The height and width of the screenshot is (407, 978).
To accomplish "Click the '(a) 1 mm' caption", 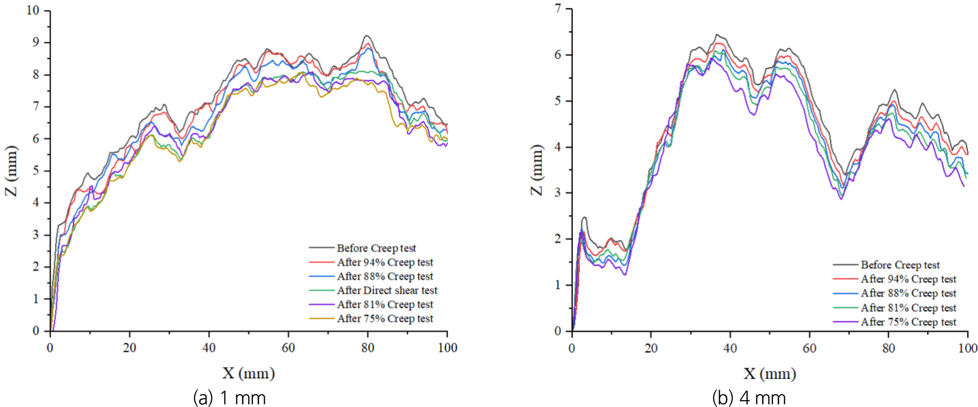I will [229, 397].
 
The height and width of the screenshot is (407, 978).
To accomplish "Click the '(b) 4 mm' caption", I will [749, 397].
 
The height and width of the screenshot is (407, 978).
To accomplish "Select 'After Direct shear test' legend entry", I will [387, 290].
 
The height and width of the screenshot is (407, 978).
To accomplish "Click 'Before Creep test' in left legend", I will [376, 248].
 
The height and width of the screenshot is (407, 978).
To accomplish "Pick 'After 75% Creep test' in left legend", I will [385, 318].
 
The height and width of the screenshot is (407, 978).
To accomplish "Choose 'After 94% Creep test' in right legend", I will [908, 279].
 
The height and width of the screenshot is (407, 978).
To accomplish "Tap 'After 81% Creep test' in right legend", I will [908, 308].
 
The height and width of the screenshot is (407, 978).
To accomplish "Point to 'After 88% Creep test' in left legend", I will [385, 276].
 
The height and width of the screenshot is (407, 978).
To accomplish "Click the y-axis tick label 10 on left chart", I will [33, 10].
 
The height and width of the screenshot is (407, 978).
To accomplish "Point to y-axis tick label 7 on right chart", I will [558, 9].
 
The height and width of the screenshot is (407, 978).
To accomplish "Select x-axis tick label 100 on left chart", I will [447, 348].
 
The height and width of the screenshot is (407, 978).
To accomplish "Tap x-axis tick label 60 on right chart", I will [809, 348].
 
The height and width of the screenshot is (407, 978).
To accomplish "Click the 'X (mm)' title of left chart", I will [249, 373].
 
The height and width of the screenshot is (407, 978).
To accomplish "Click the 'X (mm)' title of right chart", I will [770, 374].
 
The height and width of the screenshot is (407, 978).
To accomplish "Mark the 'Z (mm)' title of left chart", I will [11, 170].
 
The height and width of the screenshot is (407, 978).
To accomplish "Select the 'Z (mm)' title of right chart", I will [537, 169].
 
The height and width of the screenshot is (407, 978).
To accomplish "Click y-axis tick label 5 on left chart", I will [36, 170].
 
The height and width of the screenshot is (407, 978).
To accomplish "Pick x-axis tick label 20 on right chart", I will [651, 348].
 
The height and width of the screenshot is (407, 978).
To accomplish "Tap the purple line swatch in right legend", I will [845, 322].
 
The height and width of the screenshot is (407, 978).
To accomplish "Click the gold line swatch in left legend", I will [321, 318].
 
